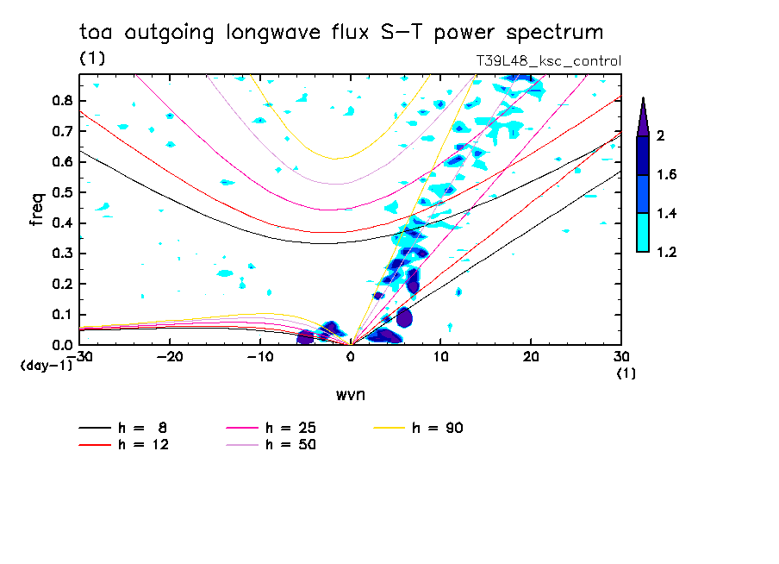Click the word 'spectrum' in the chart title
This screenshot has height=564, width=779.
pyautogui.click(x=557, y=33)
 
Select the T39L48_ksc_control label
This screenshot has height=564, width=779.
pyautogui.click(x=548, y=60)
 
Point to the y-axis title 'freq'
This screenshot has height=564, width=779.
pyautogui.click(x=36, y=209)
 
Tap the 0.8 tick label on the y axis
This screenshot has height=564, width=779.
pyautogui.click(x=60, y=100)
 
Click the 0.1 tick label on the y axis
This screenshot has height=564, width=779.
pyautogui.click(x=60, y=315)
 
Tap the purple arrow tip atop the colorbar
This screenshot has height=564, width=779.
pyautogui.click(x=643, y=116)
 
